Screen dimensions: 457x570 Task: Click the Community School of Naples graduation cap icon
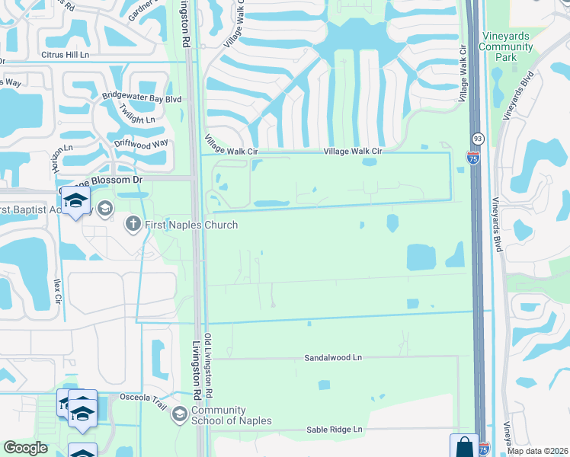tap(180, 414)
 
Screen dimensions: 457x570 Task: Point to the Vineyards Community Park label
tap(506, 46)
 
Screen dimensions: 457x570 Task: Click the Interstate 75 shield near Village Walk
tap(474, 158)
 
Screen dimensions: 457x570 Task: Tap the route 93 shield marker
tap(478, 139)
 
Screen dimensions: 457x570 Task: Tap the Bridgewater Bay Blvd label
tap(142, 98)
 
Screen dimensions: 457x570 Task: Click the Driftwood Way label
tap(140, 142)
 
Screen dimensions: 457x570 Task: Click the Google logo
tap(26, 448)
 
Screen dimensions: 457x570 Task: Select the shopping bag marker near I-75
tap(464, 447)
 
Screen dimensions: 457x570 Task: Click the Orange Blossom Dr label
tap(99, 180)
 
